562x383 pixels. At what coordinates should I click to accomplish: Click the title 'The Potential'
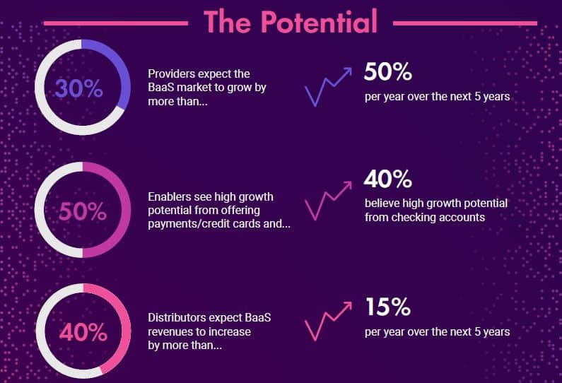[x=291, y=21]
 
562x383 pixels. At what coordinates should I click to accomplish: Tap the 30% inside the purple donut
[x=79, y=88]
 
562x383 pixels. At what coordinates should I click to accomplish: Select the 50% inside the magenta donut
[x=83, y=211]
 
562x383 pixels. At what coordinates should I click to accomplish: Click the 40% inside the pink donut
[x=83, y=333]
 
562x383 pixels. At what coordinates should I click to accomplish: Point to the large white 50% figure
[x=388, y=71]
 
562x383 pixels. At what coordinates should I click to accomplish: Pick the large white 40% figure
[x=388, y=179]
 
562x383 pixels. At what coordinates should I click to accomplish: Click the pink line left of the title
[x=115, y=23]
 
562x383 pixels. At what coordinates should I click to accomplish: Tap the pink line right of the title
[x=465, y=23]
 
